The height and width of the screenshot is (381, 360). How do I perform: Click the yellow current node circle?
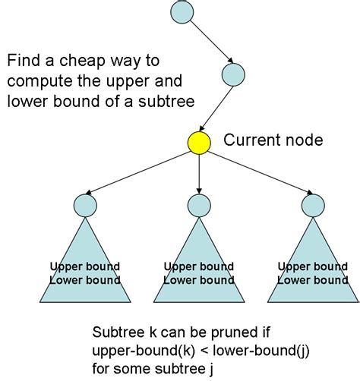click(198, 142)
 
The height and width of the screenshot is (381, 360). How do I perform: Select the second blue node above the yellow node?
click(233, 74)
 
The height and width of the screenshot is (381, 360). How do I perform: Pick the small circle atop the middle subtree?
click(198, 204)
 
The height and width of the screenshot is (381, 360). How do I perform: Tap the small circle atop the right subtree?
click(312, 204)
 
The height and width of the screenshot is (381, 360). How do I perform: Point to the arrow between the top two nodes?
click(207, 42)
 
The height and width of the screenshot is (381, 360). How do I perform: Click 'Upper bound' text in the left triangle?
click(85, 267)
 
